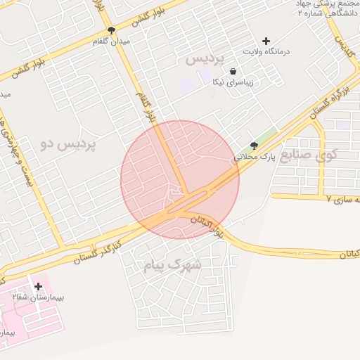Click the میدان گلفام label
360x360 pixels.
coord(112,42)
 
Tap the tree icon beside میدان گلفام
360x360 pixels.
coord(112,30)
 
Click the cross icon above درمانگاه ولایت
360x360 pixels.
coord(266,41)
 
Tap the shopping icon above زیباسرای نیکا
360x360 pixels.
coord(233,71)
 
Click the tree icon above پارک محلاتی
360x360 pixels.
coord(253,146)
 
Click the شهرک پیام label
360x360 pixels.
coord(172,265)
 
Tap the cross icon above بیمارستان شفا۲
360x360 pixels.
coord(38,286)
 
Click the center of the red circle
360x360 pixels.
coord(180,180)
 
